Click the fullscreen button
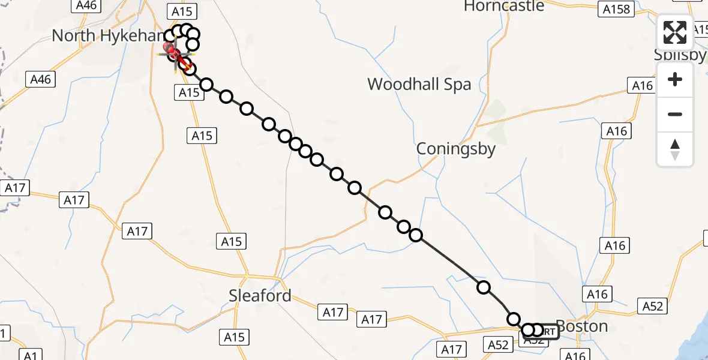coord(675,32)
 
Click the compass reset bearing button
coord(675,149)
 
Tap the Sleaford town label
coord(260,295)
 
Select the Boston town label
coord(581,326)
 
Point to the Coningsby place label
coord(456,149)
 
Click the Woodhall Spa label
coord(419,84)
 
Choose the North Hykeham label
coord(108,35)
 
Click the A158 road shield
coord(617,9)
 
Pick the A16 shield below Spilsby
coord(643,86)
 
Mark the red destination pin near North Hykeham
coord(170,46)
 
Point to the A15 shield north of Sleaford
coord(232,241)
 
